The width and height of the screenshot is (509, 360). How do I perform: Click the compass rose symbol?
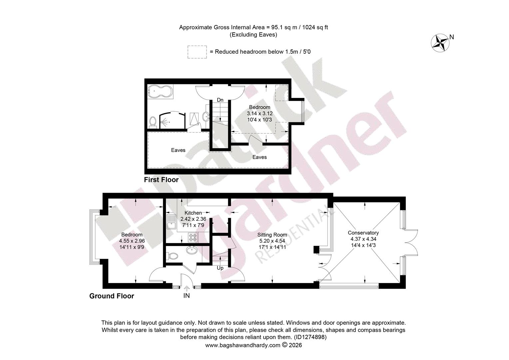coord(440,43)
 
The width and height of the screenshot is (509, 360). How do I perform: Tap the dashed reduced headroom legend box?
coord(197,52)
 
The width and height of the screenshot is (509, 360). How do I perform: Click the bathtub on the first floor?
coord(160,92)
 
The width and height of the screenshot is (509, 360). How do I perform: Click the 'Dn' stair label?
coord(220,100)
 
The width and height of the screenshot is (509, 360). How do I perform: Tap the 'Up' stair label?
coord(220,268)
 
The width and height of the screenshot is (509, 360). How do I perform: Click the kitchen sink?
coord(171,222)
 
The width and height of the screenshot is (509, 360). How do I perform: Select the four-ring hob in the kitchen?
coord(193,237)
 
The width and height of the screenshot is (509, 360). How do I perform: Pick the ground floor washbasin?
coord(192,250)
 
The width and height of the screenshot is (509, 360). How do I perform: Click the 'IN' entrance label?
coord(187,296)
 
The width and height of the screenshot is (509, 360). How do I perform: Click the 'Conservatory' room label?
coord(363,233)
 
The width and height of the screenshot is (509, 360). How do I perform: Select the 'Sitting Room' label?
coord(272,235)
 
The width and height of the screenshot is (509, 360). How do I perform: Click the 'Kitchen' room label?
coord(193,213)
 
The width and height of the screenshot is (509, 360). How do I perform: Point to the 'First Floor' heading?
coord(161,180)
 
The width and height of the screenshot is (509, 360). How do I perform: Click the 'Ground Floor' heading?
coord(112,296)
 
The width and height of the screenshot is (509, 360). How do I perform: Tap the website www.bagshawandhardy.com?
coord(243,345)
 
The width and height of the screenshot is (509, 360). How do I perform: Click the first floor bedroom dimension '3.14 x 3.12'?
coord(260,113)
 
